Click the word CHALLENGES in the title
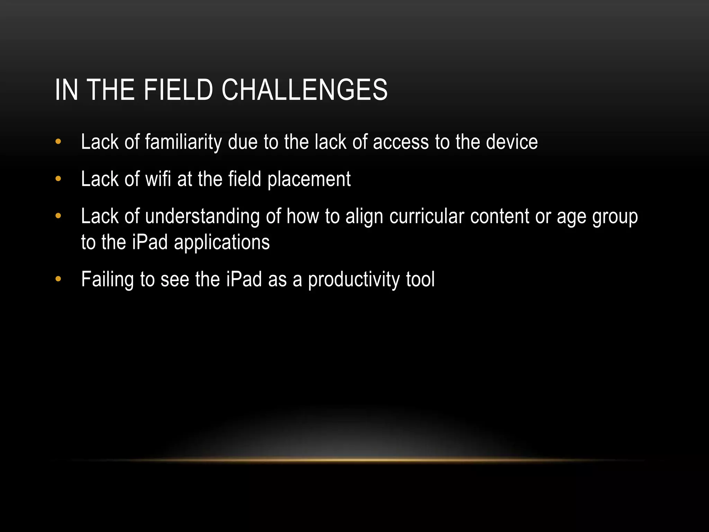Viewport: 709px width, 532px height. [x=304, y=90]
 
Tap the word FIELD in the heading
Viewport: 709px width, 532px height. [x=178, y=90]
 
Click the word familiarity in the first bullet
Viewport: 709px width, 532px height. [x=183, y=142]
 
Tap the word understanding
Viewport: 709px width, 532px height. [x=202, y=217]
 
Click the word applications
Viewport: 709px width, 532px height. [x=222, y=242]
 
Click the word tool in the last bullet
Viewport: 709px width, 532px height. [x=420, y=279]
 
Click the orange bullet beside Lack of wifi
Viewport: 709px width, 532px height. [x=58, y=179]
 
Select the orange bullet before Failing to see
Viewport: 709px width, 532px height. [x=58, y=279]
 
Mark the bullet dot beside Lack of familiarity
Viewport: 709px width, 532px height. [x=58, y=142]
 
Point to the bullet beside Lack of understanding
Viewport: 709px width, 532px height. [x=58, y=216]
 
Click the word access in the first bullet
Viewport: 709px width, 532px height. [x=401, y=143]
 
